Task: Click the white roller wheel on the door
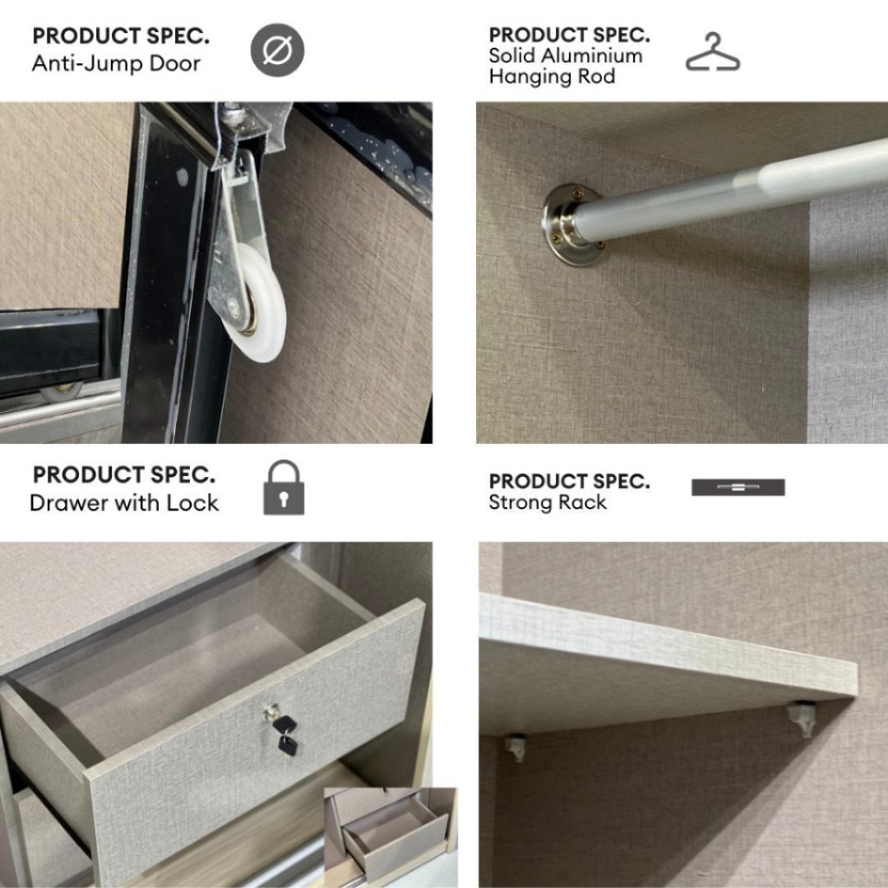click(x=261, y=303)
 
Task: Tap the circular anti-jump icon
click(x=277, y=49)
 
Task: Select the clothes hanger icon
click(x=713, y=52)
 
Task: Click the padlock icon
click(x=284, y=487)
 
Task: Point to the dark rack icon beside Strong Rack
click(x=738, y=487)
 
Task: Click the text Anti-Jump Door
click(x=116, y=63)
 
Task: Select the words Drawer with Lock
click(x=124, y=503)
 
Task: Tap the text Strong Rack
click(x=548, y=502)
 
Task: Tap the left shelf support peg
click(x=515, y=748)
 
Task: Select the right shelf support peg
click(x=802, y=718)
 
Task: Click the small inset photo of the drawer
click(x=390, y=838)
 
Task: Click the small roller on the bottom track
click(x=62, y=391)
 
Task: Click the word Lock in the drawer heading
click(x=193, y=503)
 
